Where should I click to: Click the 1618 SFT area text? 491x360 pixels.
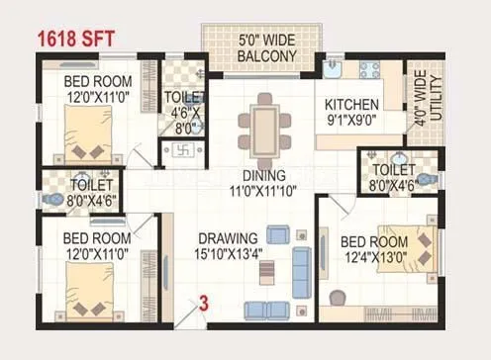point(77,40)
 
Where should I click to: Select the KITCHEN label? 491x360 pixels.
point(349,104)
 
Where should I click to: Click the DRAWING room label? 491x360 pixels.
point(228,238)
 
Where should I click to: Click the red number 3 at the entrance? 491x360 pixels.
point(204,305)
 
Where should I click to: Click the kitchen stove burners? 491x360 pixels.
point(371,70)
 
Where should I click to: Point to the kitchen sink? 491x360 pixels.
point(334,69)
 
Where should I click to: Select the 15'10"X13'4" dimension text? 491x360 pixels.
point(228,253)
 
